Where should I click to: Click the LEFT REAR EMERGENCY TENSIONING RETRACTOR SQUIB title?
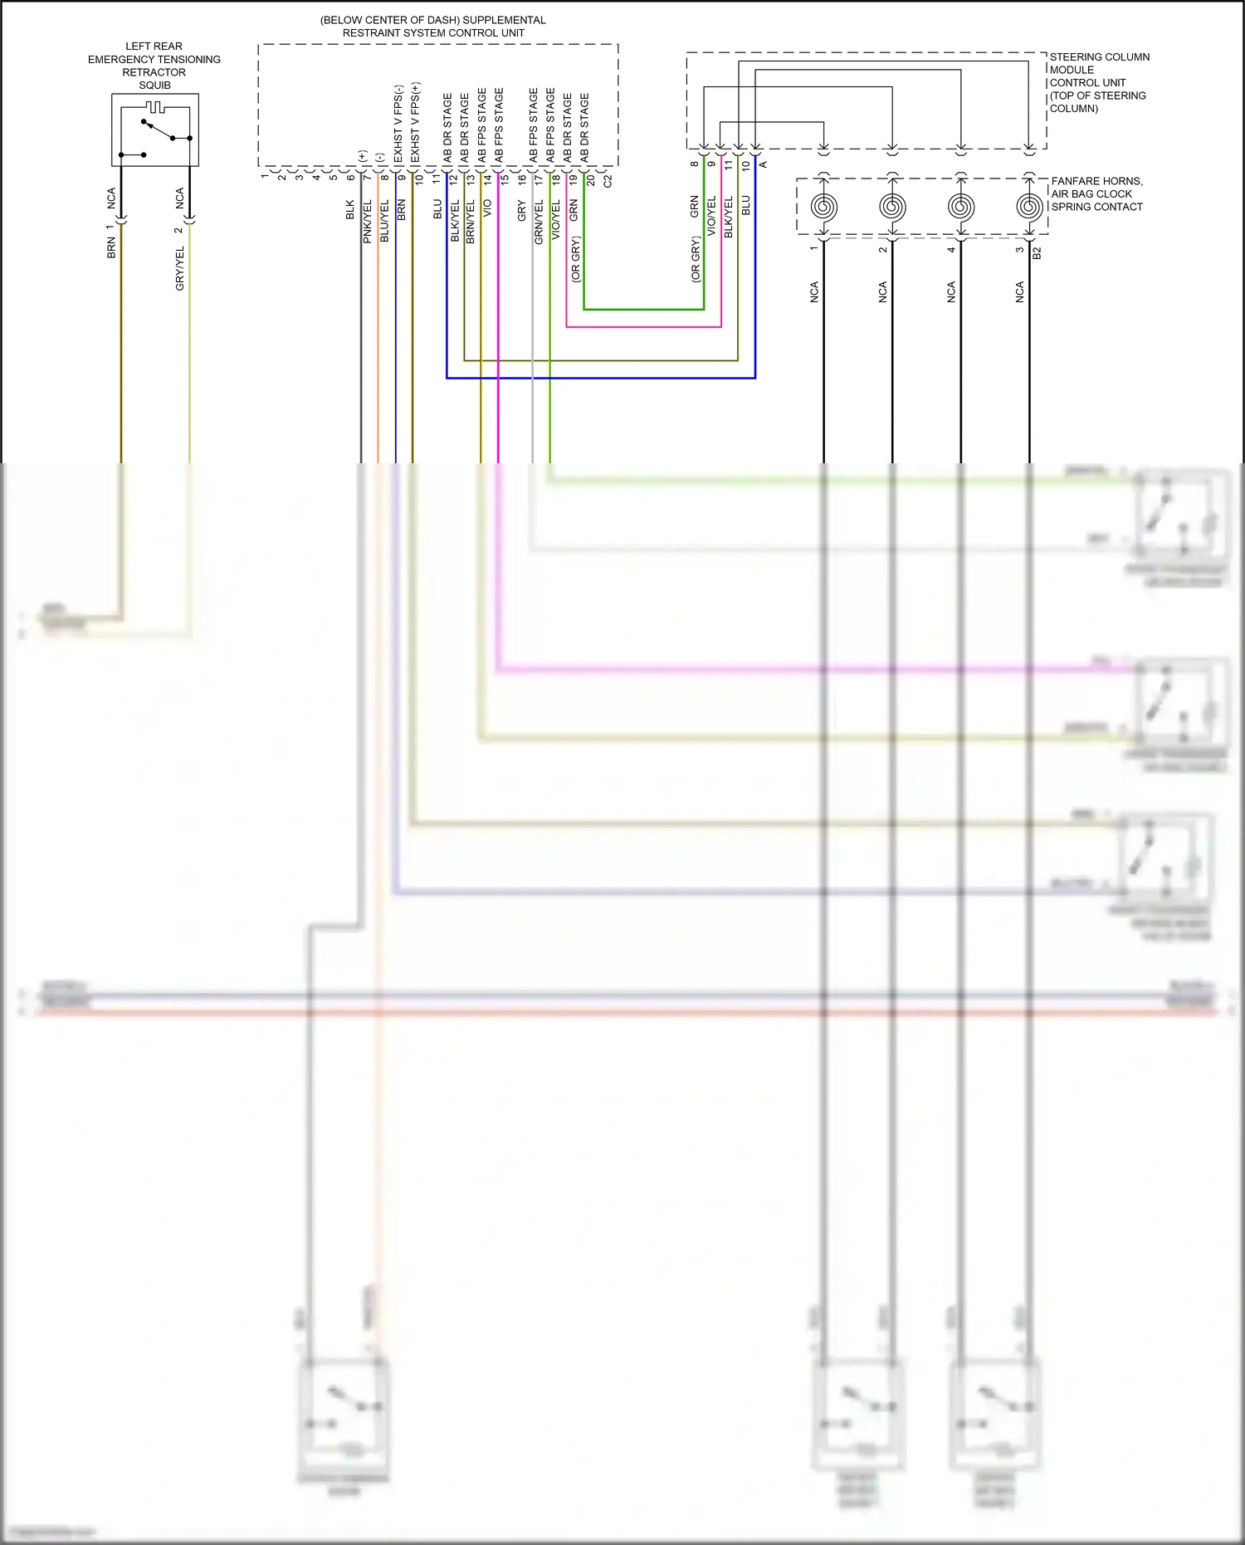(x=154, y=66)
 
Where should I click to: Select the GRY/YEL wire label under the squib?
(x=180, y=268)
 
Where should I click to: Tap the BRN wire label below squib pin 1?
(x=111, y=247)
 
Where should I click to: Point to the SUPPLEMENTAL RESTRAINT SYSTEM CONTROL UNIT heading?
(x=433, y=27)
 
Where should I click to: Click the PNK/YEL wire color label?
(x=367, y=222)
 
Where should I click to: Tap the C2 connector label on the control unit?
(x=608, y=179)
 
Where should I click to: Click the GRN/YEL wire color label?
(x=539, y=222)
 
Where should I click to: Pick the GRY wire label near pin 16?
(x=521, y=211)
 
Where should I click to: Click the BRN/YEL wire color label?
(x=471, y=222)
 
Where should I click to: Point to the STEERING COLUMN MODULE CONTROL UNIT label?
(x=1098, y=82)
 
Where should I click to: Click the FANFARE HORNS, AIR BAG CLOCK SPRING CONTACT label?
(x=1096, y=193)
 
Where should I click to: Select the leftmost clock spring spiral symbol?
(x=823, y=206)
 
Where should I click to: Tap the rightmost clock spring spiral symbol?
(x=1029, y=206)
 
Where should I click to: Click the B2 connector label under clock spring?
(x=1037, y=252)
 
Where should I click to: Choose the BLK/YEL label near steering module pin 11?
(x=729, y=218)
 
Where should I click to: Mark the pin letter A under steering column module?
(x=764, y=164)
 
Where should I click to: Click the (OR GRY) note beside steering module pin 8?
(x=696, y=260)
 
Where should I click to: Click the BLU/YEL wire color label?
(x=384, y=222)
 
